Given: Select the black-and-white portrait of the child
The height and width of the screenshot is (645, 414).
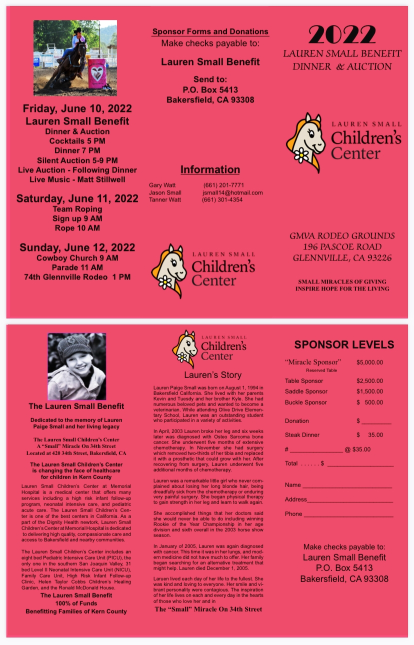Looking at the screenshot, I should click(x=76, y=366).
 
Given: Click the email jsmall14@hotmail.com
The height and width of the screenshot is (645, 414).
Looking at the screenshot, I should click(x=232, y=192).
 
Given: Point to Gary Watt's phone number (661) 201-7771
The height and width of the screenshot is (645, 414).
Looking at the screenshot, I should click(x=223, y=185).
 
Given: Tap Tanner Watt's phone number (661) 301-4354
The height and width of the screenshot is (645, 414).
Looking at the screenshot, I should click(x=222, y=199).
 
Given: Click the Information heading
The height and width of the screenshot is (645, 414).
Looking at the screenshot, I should click(x=210, y=169).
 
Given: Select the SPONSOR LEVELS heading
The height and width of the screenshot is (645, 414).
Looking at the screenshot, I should click(x=344, y=344).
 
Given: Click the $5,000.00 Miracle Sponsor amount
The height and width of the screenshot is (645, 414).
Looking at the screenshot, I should click(x=369, y=362).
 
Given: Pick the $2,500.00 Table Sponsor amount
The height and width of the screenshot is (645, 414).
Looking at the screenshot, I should click(x=369, y=381).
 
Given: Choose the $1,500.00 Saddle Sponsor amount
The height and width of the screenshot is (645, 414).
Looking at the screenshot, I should click(x=369, y=391).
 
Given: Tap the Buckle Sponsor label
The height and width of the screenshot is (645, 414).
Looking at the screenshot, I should click(x=306, y=402).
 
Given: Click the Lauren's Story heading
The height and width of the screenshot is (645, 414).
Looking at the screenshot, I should click(x=212, y=375).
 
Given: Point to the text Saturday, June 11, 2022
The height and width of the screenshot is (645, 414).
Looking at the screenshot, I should click(x=77, y=198).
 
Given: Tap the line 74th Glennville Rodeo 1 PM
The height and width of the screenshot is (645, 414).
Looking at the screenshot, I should click(x=77, y=276).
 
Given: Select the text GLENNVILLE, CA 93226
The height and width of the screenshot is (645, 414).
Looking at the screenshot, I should click(x=342, y=258).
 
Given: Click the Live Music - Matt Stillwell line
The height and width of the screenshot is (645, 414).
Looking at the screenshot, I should click(x=77, y=179).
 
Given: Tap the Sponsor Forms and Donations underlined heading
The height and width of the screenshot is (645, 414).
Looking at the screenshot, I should click(x=210, y=32).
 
